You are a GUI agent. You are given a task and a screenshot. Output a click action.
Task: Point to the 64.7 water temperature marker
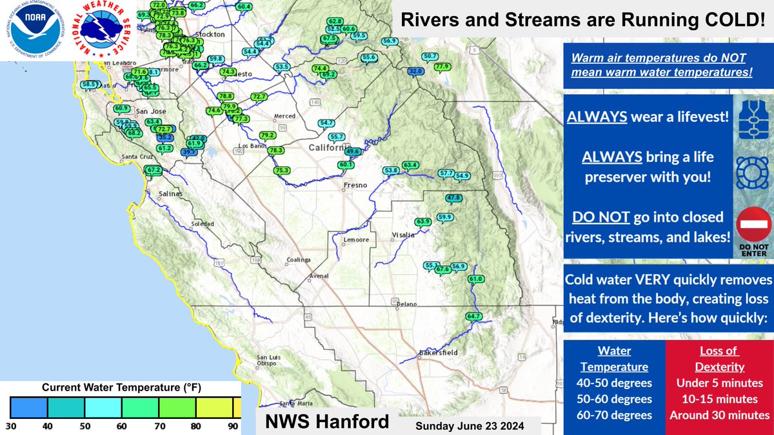pos(473,316)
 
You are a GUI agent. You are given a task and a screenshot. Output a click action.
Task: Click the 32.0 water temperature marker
pos(415,71)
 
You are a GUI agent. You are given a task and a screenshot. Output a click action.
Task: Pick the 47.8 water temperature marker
pos(454,198)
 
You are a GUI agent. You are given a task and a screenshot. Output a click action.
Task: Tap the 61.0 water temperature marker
pos(475,278)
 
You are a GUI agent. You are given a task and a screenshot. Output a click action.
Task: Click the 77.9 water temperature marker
pos(442,66)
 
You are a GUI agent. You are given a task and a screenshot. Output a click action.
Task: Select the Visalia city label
pos(403,235)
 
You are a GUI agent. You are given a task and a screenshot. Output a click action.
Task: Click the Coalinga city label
pos(298,261)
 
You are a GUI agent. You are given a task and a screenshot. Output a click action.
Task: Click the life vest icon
pos(752,120)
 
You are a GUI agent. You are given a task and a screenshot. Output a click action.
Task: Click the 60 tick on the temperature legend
pos(121,426)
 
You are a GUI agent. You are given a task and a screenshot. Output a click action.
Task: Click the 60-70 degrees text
pos(613,415)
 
